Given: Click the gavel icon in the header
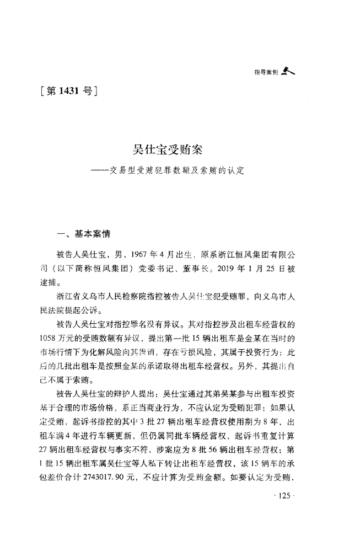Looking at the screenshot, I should point(288,70).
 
